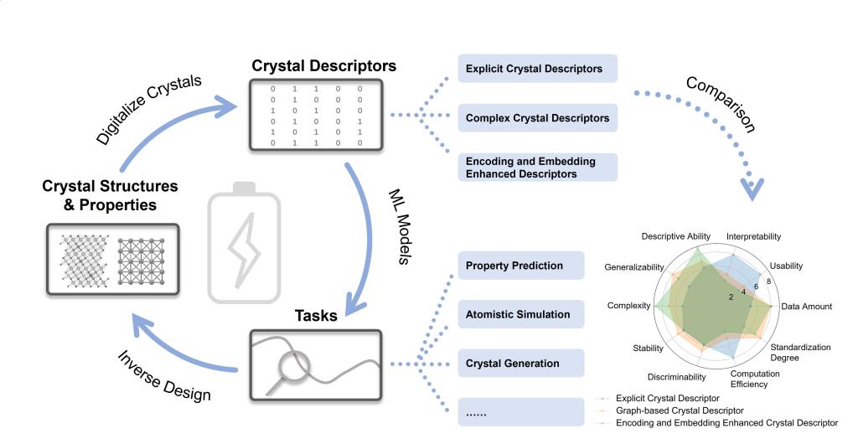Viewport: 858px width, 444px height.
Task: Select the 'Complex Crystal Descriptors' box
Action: pyautogui.click(x=538, y=118)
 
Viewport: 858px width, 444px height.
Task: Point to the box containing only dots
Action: pyautogui.click(x=520, y=412)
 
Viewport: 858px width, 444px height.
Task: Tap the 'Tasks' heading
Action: pyautogui.click(x=316, y=316)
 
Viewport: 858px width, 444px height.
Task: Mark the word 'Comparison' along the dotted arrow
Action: pyautogui.click(x=721, y=106)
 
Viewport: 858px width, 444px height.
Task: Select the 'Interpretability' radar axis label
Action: pyautogui.click(x=754, y=237)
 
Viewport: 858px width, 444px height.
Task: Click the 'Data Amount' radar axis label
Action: pyautogui.click(x=807, y=307)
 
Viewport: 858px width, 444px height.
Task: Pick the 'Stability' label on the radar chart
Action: pyautogui.click(x=649, y=348)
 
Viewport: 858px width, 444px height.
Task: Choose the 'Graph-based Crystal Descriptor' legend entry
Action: pyautogui.click(x=680, y=410)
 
